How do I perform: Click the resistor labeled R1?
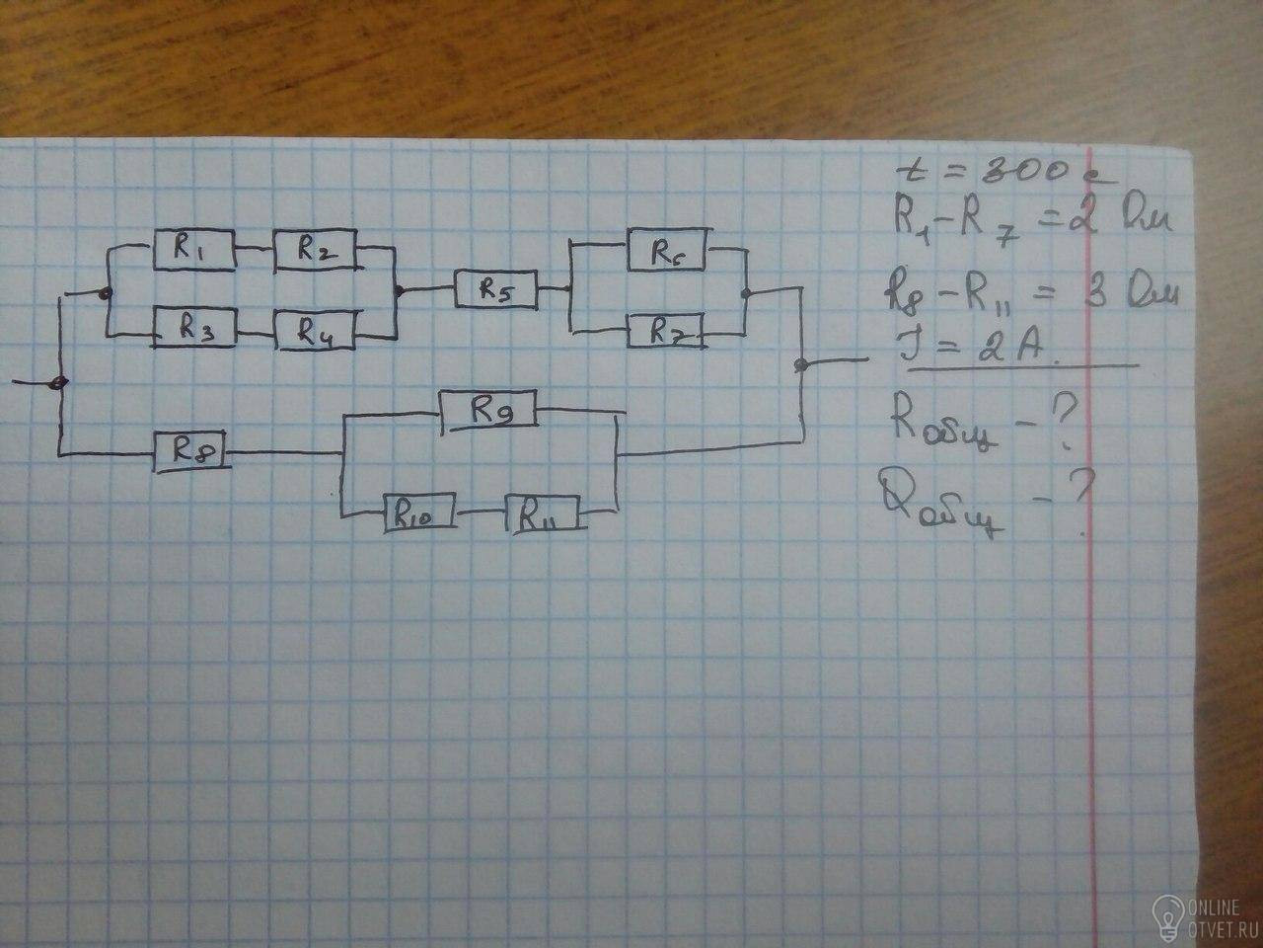193,253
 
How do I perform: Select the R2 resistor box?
315,251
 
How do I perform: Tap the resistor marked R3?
192,331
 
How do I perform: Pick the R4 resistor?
316,333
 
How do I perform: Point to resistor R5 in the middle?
495,290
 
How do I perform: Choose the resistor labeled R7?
665,331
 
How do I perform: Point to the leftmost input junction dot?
60,383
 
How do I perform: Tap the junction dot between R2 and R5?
398,291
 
